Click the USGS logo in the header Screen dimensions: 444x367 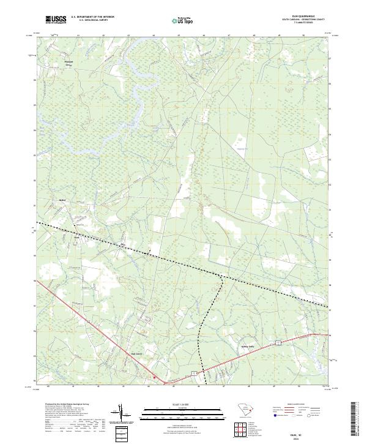pos(56,20)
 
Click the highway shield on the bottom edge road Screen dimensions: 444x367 pos(194,372)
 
